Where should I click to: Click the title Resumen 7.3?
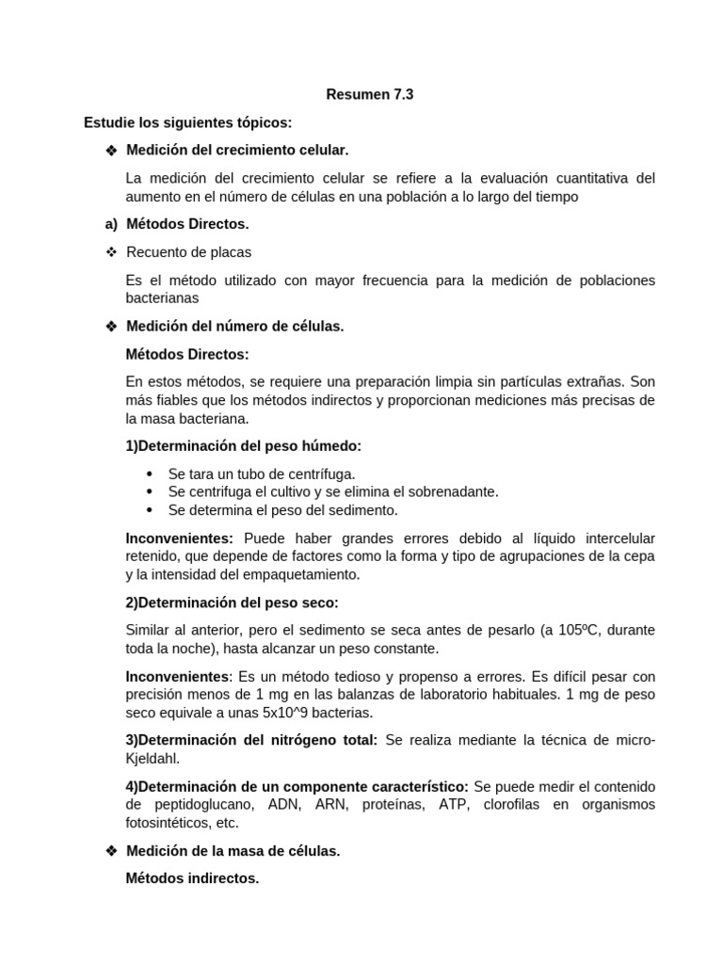369,94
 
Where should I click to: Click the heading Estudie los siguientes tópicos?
187,122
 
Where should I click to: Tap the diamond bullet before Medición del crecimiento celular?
111,151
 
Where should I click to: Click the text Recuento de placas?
188,252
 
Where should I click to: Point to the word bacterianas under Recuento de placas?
162,297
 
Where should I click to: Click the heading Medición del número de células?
235,326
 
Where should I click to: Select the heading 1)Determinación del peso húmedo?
243,445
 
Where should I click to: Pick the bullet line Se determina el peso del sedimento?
282,510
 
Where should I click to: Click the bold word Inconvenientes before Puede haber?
179,538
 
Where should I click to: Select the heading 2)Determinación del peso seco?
232,602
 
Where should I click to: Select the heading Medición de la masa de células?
233,850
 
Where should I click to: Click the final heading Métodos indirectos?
192,878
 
